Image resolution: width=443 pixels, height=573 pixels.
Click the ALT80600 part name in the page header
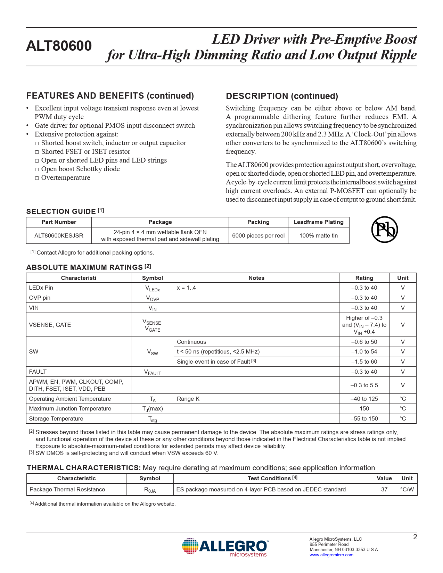click(x=59, y=46)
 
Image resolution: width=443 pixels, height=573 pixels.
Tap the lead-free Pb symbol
click(x=384, y=230)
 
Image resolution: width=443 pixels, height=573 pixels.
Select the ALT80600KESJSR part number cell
click(x=59, y=235)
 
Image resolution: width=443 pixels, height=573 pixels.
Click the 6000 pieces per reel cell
click(x=258, y=235)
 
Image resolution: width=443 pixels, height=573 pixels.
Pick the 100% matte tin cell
click(x=318, y=235)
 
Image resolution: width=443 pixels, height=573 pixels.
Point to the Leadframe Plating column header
click(x=318, y=222)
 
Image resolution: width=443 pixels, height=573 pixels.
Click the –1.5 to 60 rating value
click(x=364, y=362)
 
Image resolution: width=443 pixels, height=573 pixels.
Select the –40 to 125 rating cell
click(x=364, y=399)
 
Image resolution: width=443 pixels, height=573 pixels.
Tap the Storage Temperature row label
click(x=56, y=418)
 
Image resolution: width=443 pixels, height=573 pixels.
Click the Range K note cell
click(x=188, y=399)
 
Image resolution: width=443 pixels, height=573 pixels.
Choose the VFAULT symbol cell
click(x=153, y=372)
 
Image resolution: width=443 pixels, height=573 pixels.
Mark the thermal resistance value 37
click(x=384, y=489)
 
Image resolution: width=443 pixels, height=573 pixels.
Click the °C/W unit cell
click(x=407, y=489)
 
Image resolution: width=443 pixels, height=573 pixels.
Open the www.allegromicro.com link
click(x=331, y=555)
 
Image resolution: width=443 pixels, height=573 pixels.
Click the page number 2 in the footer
click(x=415, y=537)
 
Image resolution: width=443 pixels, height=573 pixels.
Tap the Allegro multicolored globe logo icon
click(x=190, y=546)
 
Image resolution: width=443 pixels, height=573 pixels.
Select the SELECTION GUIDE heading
click(x=61, y=211)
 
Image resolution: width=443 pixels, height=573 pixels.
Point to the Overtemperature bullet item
click(x=66, y=177)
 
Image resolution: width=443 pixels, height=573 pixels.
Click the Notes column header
click(x=256, y=278)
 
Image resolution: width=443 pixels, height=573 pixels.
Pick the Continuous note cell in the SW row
click(x=191, y=342)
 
